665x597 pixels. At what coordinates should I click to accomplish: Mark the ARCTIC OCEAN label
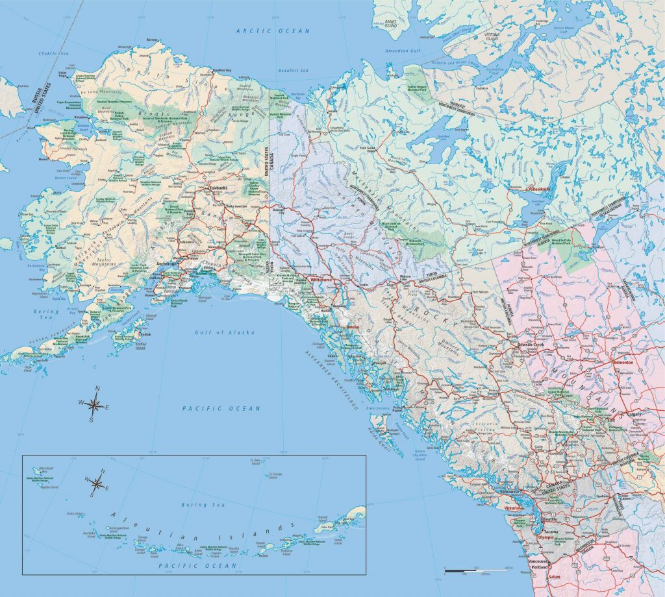coord(273,30)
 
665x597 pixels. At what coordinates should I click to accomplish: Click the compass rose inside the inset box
coord(97,483)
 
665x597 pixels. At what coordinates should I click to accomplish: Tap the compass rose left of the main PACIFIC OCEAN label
coord(94,405)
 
